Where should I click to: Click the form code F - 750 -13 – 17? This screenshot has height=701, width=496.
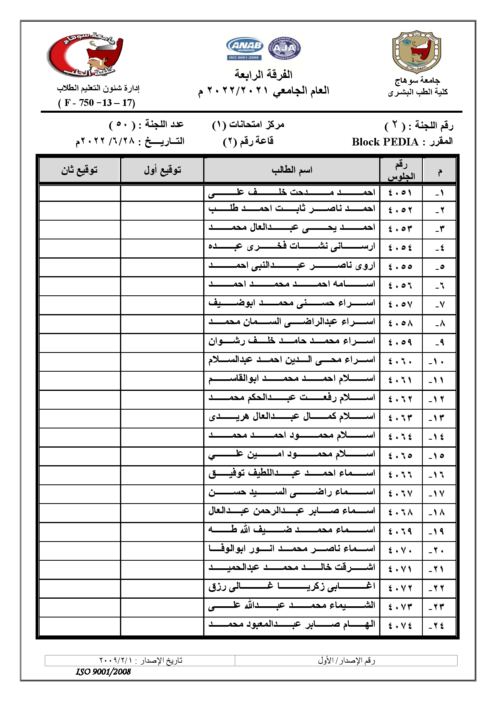97,103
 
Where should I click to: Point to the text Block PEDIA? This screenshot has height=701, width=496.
385,142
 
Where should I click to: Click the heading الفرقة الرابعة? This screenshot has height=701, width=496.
264,74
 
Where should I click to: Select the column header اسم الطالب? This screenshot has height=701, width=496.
292,170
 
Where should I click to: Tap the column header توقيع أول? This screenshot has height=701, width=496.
162,170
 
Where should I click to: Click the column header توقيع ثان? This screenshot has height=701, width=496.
80,170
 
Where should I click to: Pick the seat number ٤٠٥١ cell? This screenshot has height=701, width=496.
400,193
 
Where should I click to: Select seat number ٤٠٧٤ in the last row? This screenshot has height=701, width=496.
400,626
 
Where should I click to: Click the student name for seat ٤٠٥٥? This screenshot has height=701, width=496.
292,266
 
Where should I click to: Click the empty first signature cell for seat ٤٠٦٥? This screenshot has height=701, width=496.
162,456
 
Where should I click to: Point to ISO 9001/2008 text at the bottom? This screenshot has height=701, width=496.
104,672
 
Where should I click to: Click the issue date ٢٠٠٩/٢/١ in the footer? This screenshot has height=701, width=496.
116,660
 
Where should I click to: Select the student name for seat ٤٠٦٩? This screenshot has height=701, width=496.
292,530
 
